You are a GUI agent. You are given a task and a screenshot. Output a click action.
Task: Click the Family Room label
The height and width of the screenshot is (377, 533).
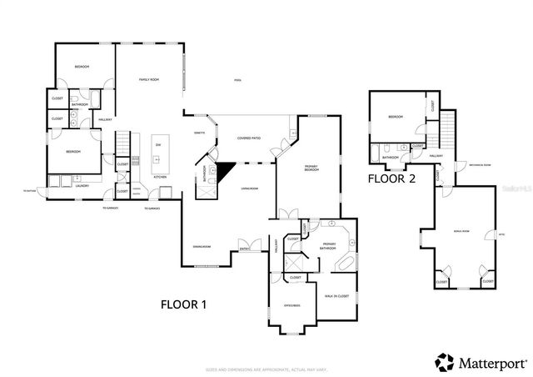coord(148,78)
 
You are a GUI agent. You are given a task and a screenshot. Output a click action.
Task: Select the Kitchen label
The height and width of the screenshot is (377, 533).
coord(160,178)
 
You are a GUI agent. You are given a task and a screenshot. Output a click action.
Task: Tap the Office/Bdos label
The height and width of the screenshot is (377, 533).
coord(291,304)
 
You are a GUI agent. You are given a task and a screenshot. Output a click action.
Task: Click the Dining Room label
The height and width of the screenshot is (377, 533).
coord(201,247)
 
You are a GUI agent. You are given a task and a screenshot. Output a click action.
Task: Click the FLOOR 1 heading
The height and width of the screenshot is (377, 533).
coord(183,304)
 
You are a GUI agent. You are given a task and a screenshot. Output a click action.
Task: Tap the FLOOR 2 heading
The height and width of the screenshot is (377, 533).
coord(392,178)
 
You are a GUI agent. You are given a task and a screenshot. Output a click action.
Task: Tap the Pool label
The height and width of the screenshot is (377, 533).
coord(237,80)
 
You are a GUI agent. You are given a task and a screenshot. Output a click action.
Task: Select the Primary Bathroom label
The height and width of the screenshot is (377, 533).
coord(329,244)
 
